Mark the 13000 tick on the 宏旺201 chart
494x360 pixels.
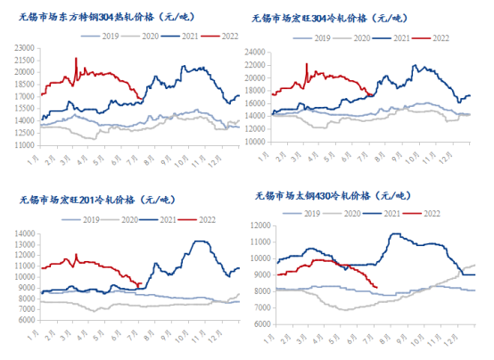25,233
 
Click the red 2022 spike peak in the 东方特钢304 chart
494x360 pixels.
76,60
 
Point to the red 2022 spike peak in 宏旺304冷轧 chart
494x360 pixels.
307,64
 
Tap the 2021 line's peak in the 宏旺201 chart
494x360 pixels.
202,241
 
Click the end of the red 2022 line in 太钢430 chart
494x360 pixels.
377,287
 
